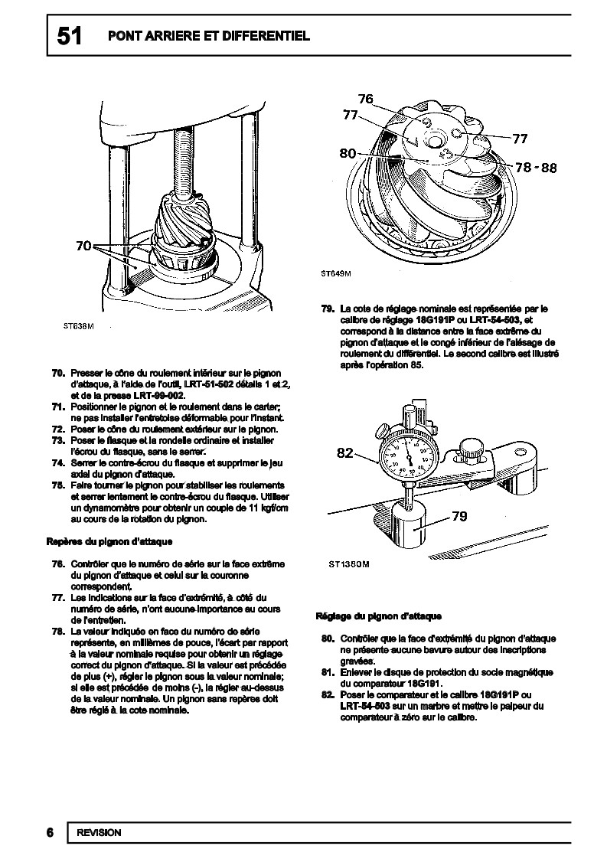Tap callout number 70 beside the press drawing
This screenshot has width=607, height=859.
[x=85, y=246]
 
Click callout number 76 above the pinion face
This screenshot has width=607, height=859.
[x=365, y=99]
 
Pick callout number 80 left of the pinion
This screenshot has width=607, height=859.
[x=348, y=153]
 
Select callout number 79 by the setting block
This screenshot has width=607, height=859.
[x=459, y=516]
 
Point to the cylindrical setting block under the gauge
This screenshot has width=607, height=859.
[x=413, y=528]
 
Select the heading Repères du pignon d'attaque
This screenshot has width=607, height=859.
[x=109, y=541]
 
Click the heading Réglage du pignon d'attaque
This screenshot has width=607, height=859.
[x=378, y=616]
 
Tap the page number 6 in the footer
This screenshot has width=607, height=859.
[x=49, y=833]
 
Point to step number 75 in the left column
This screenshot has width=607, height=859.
[x=57, y=485]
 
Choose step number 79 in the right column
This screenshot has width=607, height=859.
[x=326, y=309]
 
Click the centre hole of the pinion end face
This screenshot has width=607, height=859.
[x=436, y=140]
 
